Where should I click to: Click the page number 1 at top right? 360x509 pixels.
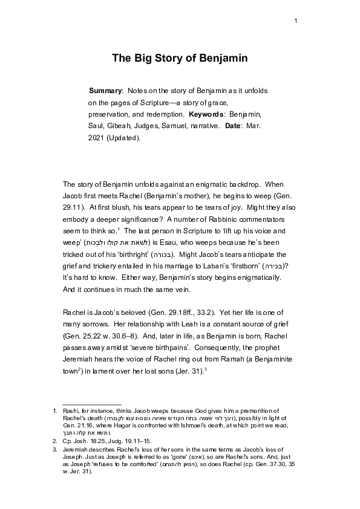(296, 22)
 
